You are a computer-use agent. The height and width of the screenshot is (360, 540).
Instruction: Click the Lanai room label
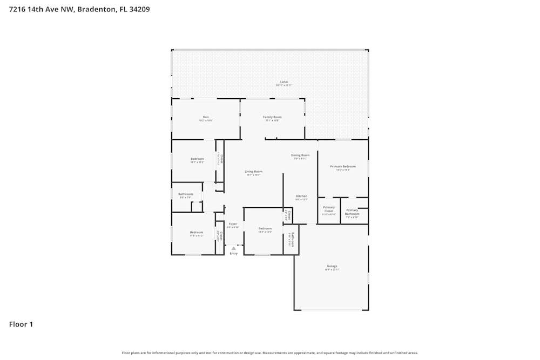(x=284, y=81)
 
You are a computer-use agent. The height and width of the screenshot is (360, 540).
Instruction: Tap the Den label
(x=206, y=117)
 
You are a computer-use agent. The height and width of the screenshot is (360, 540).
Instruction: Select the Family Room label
(x=272, y=117)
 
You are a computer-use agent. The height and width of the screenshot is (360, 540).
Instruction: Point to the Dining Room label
(x=300, y=155)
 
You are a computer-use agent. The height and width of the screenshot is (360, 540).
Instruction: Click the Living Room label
(x=253, y=171)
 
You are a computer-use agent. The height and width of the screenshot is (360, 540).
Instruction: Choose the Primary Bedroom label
(x=343, y=166)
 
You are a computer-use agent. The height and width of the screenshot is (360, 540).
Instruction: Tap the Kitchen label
(x=301, y=196)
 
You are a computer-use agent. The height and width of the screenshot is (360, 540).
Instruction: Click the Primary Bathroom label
(x=352, y=212)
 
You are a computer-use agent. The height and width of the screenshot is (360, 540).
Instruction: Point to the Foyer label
(x=233, y=223)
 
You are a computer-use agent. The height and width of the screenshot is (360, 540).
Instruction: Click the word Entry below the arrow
(x=233, y=253)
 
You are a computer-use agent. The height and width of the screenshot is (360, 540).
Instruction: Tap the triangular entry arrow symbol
(x=233, y=248)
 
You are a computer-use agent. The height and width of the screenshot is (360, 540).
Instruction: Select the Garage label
(x=332, y=266)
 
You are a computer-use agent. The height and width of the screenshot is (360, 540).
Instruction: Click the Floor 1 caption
(x=21, y=324)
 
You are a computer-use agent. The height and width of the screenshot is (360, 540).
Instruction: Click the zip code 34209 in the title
(x=139, y=9)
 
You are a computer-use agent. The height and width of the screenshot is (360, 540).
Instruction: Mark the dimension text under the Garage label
(x=332, y=269)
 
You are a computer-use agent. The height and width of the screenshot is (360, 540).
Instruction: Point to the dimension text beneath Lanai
(x=284, y=85)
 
